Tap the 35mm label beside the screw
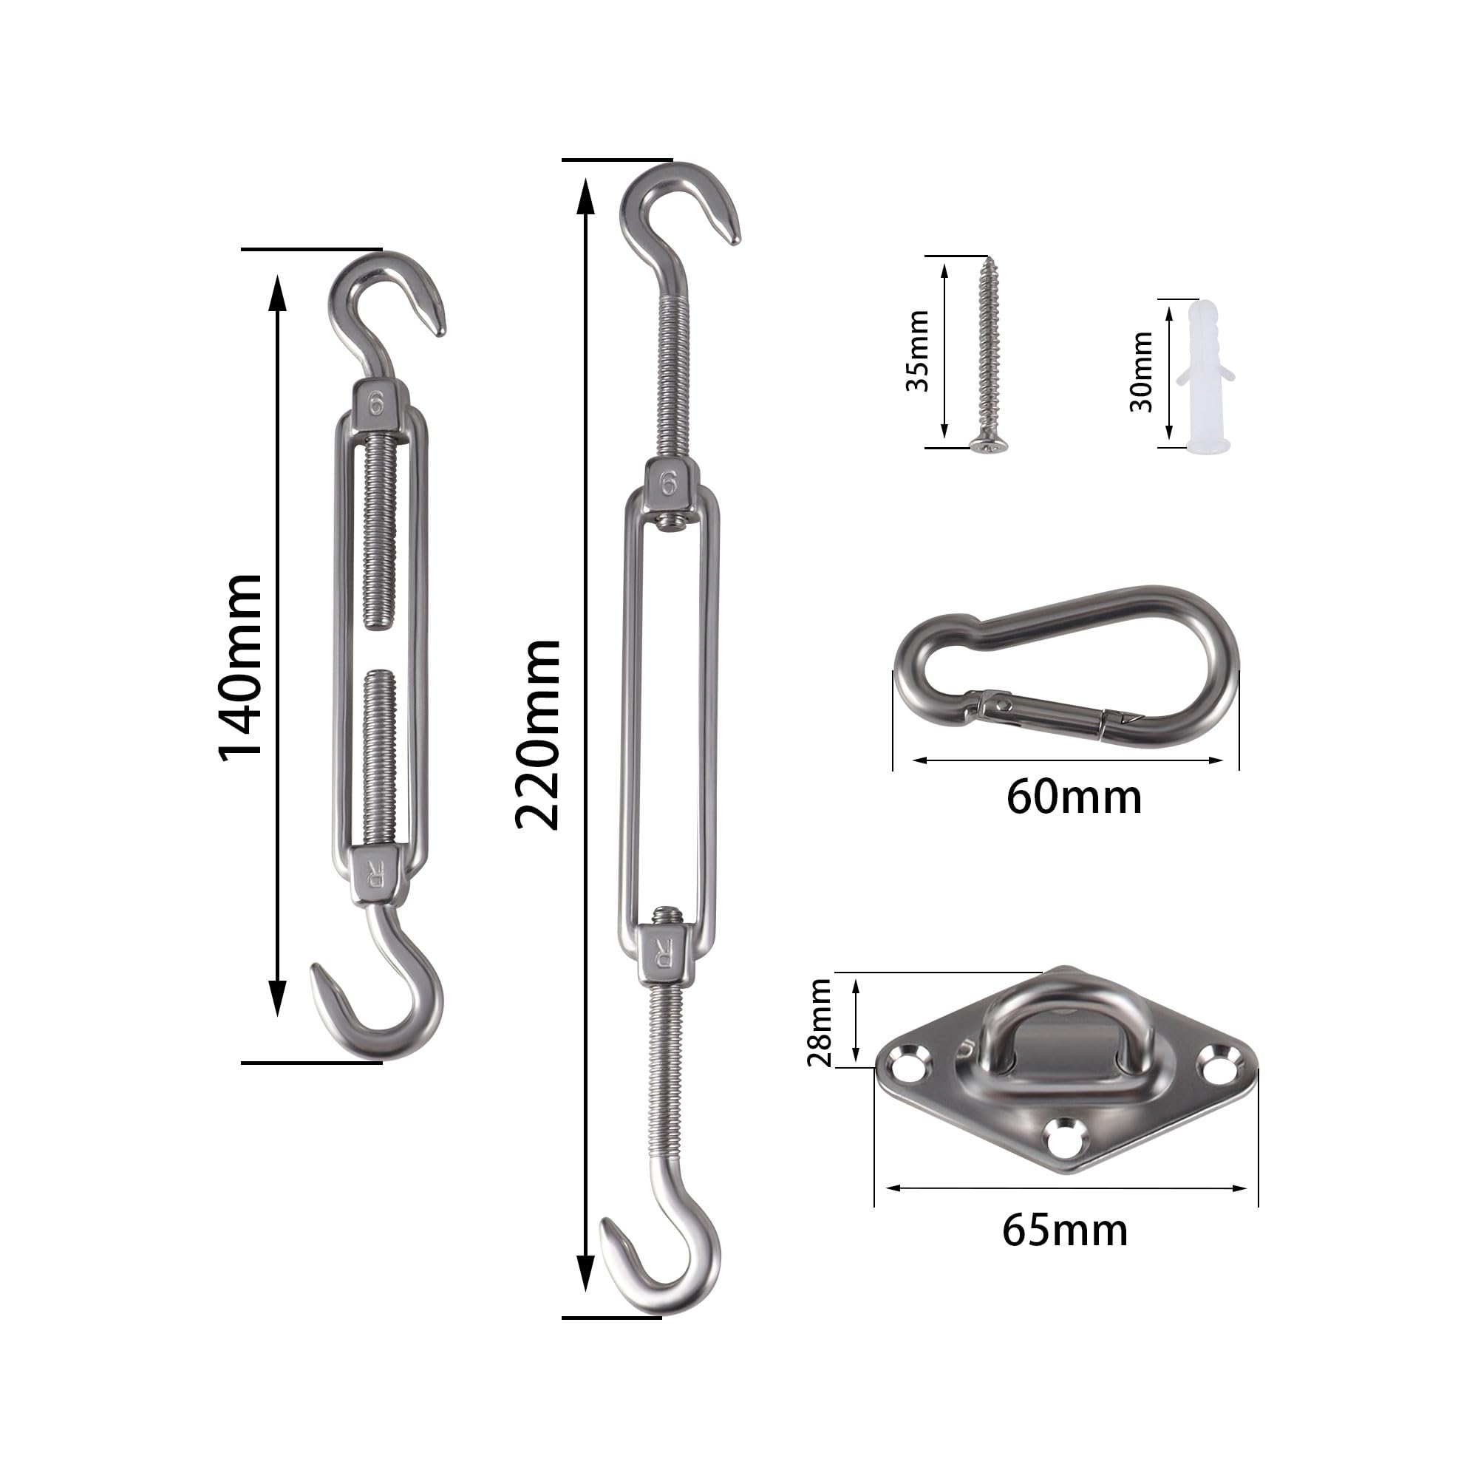pyautogui.click(x=917, y=351)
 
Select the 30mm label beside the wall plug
pyautogui.click(x=1142, y=372)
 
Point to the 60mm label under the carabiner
pyautogui.click(x=1073, y=797)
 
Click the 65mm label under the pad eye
pyautogui.click(x=1065, y=1231)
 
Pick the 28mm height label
pyautogui.click(x=820, y=1022)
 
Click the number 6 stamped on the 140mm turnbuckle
pyautogui.click(x=375, y=403)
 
